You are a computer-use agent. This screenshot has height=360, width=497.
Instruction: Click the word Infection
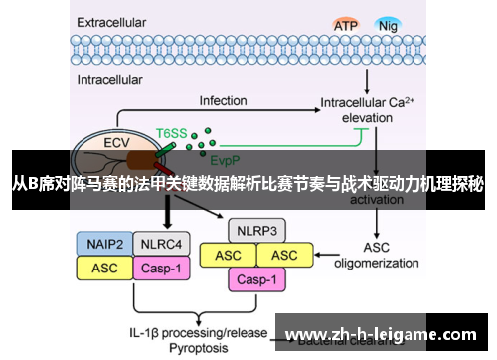tap(223, 101)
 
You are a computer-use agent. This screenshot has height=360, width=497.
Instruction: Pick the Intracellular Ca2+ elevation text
tap(374, 109)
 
